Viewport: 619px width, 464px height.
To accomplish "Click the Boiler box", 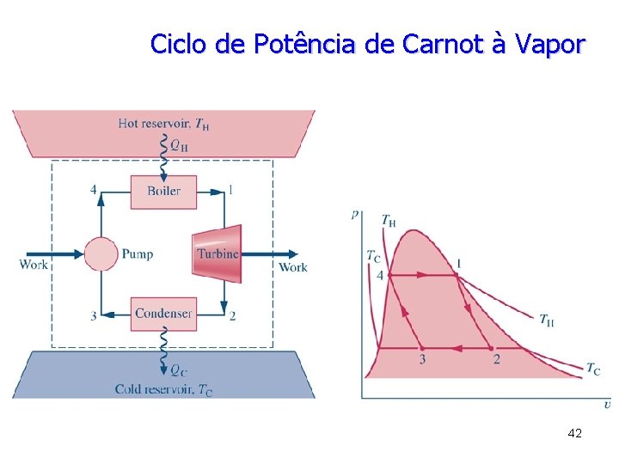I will (x=163, y=192).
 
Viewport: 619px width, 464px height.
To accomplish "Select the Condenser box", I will (x=163, y=314).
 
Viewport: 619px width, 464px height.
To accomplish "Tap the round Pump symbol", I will (x=100, y=253).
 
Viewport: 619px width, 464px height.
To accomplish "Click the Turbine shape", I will (x=218, y=253).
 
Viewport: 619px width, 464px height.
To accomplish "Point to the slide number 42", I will (x=575, y=433).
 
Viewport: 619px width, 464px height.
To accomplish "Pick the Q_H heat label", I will (x=179, y=146).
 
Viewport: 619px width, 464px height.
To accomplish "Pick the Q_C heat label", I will (x=178, y=371).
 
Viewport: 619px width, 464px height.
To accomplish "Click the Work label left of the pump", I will (x=34, y=266).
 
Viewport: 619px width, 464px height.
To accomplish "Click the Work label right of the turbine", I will (x=293, y=267).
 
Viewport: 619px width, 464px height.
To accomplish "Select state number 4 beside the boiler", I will (x=94, y=190).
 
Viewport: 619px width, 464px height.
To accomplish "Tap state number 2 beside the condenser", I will (x=232, y=315).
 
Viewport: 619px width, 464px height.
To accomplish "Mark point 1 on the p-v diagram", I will (x=458, y=263).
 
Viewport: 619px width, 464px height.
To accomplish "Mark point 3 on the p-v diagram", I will (x=421, y=359).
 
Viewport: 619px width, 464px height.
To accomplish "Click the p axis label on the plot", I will (x=355, y=215).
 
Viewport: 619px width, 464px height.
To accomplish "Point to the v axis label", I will (x=607, y=404).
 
